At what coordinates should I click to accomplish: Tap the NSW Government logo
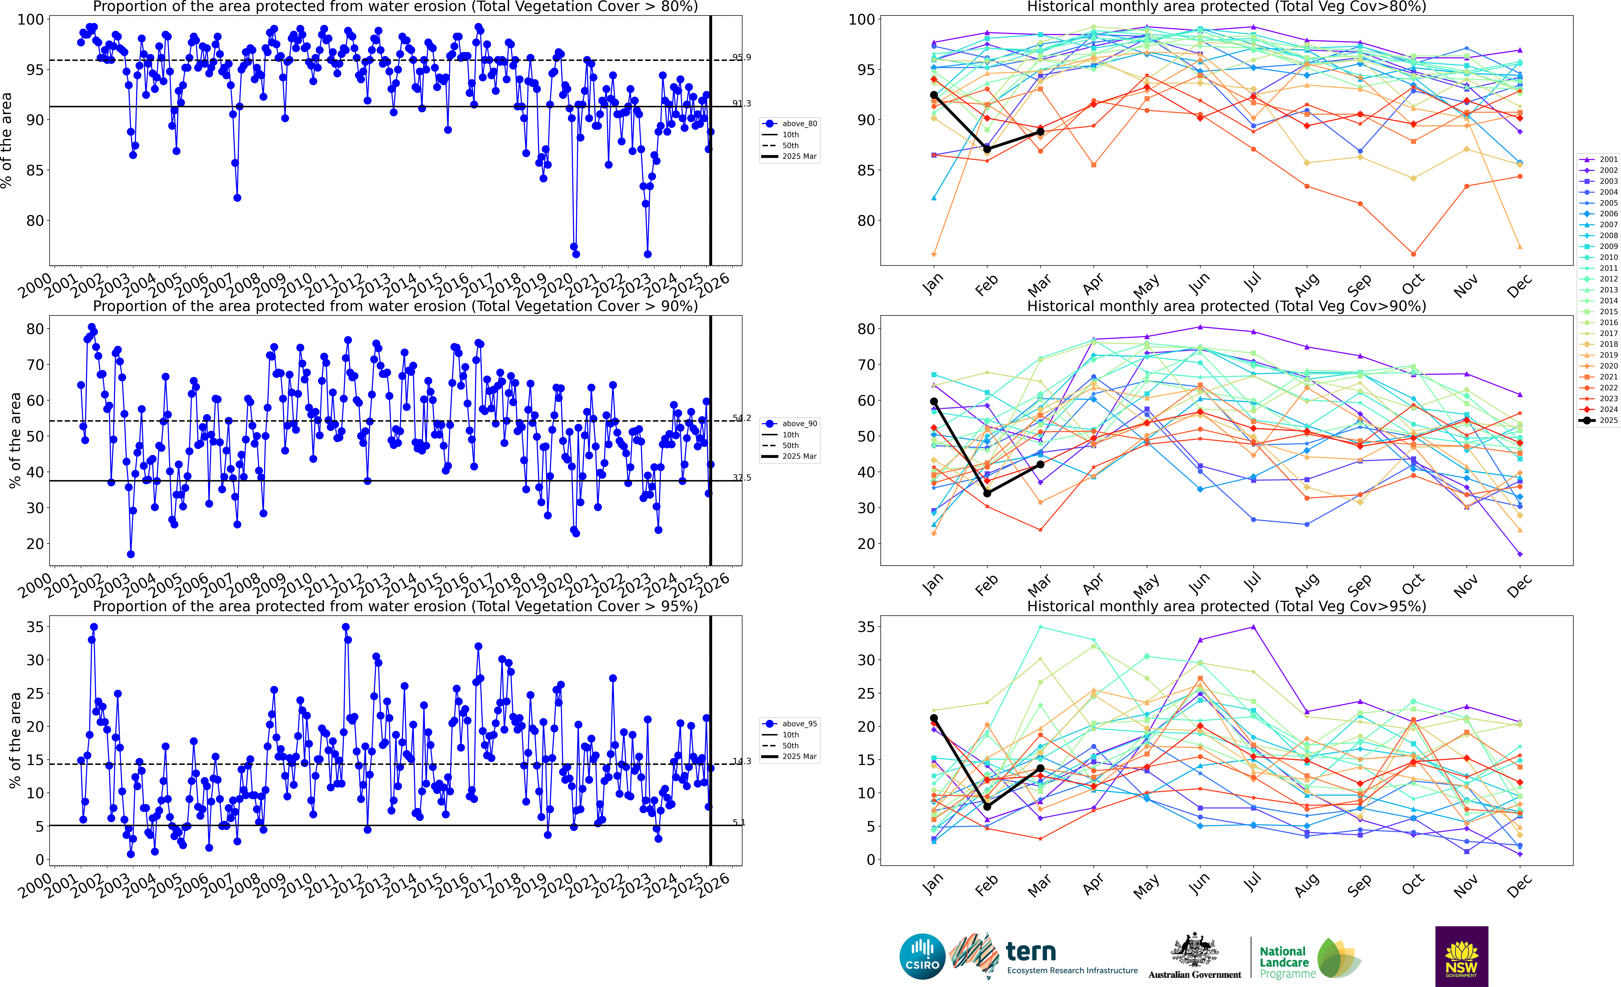[x=1461, y=956]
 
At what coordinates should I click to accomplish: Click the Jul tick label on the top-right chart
[x=1253, y=284]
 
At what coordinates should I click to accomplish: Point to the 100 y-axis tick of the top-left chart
[x=30, y=20]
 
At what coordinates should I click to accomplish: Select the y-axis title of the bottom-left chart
[x=15, y=740]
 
